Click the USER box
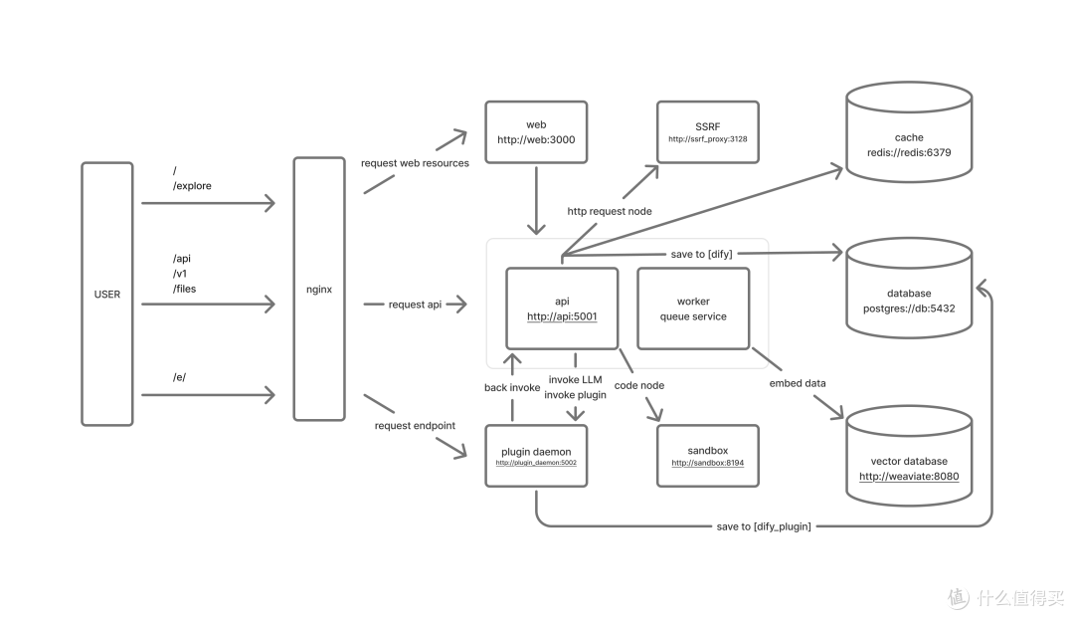[x=106, y=294]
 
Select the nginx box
[x=319, y=289]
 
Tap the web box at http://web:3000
[x=536, y=132]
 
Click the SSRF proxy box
[x=708, y=132]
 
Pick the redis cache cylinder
[x=909, y=132]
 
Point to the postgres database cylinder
[x=909, y=288]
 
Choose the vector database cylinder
[x=909, y=456]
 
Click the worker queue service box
[x=693, y=309]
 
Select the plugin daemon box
[x=536, y=456]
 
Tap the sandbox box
[x=708, y=456]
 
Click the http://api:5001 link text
[x=562, y=316]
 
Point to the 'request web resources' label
[x=415, y=163]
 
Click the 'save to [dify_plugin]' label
[x=764, y=526]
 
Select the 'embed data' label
[x=798, y=383]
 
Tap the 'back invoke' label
[x=512, y=387]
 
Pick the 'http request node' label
[x=610, y=211]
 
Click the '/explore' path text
[x=192, y=186]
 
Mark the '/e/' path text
[x=179, y=377]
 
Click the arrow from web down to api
[x=536, y=200]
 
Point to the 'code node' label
[x=639, y=385]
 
